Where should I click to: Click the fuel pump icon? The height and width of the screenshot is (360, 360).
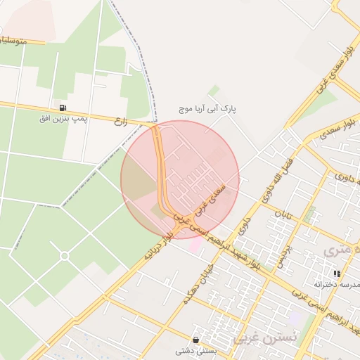click(63, 108)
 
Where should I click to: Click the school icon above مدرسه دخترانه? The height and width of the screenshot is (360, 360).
click(337, 274)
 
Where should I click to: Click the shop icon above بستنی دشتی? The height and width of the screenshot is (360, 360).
click(195, 340)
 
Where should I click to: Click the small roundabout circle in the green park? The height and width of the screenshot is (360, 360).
click(64, 256)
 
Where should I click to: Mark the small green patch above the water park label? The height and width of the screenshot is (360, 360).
click(214, 91)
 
